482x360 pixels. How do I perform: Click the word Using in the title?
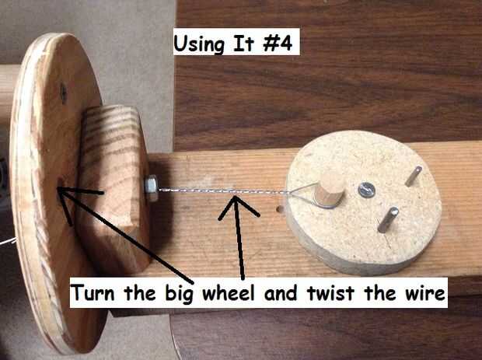pos(199,44)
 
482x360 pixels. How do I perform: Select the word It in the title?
pos(243,43)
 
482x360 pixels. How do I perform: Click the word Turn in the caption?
pos(93,292)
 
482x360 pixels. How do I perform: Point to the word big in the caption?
pos(180,294)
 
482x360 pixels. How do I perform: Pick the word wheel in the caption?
pos(229,292)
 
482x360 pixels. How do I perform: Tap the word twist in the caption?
pos(331,292)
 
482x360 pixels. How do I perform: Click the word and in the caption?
pos(281,292)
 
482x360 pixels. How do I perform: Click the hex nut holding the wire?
pos(152,188)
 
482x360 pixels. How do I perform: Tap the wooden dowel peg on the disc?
pos(329,189)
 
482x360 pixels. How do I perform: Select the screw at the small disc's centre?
pos(367,190)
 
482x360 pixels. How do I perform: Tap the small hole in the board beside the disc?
pos(280,209)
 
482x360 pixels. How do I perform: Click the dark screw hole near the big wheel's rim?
pos(63,93)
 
